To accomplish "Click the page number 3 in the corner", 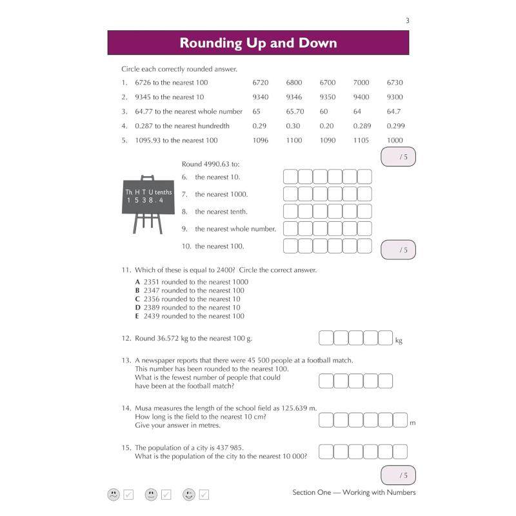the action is [408, 21].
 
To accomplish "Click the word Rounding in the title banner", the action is [211, 43].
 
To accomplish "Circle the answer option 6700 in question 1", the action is [328, 83].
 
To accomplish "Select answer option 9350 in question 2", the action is [328, 97].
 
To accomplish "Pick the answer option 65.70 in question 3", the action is [295, 112].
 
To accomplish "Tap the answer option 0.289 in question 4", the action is [362, 126].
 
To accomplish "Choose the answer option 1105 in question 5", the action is [361, 141].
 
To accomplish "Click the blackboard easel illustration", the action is [148, 204].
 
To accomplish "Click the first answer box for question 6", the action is [290, 177].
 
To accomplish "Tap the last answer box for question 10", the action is [364, 246].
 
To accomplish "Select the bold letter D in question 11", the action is [137, 308].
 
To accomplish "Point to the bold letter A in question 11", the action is [137, 282].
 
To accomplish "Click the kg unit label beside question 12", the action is [399, 341].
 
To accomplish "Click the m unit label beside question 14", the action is [413, 423].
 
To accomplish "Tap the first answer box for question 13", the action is [326, 381].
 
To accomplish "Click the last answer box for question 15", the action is [400, 451].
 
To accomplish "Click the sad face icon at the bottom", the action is [114, 494].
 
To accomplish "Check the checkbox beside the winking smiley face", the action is [204, 495].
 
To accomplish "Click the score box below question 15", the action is [398, 475].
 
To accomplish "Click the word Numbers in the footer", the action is [401, 492].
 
